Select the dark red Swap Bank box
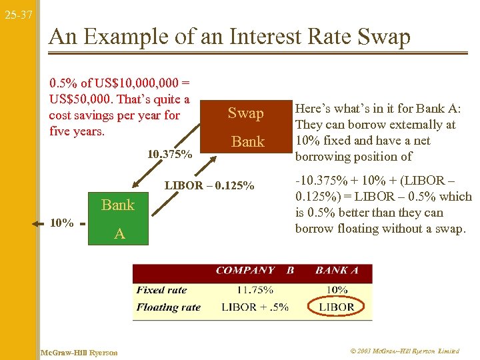[247, 127]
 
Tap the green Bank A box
[118, 218]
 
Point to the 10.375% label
[170, 155]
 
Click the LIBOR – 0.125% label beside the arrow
[209, 185]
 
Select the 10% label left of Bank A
[62, 223]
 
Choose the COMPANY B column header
[255, 271]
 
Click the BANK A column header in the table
[337, 271]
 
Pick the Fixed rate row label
[161, 290]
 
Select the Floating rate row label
[168, 307]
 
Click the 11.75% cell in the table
[255, 290]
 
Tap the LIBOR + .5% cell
[255, 307]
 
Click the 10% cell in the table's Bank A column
[337, 290]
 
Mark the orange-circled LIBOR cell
[337, 307]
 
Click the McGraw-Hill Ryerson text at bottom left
[79, 352]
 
